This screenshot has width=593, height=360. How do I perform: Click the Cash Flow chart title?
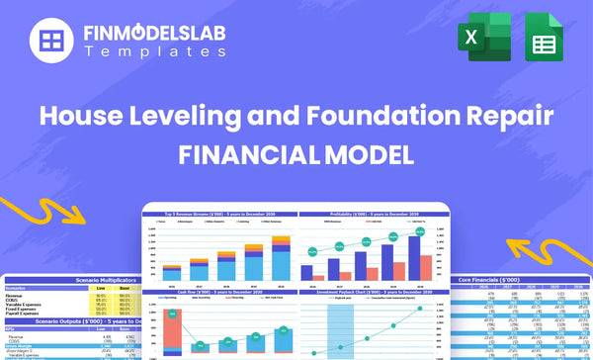tap(217, 292)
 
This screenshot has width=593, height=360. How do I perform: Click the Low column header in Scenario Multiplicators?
tap(100, 288)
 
